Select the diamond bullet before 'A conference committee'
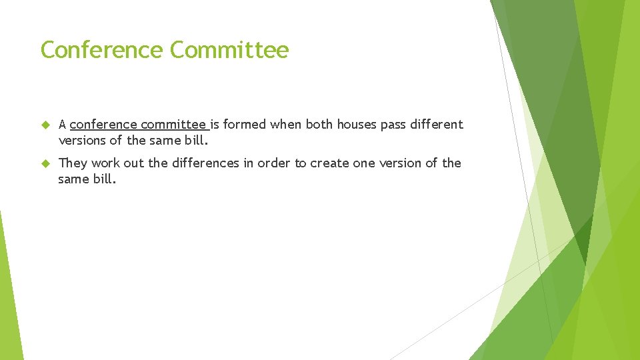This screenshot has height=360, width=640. (45, 125)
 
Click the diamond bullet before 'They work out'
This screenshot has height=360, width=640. (45, 163)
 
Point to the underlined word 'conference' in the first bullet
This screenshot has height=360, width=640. (103, 125)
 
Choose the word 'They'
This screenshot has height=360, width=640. (73, 163)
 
